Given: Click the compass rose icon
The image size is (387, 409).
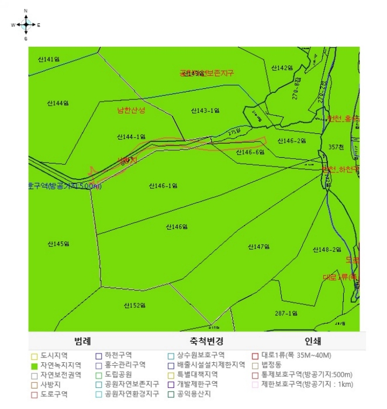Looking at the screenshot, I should coord(26,25).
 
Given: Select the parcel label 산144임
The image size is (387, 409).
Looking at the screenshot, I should coord(57,103).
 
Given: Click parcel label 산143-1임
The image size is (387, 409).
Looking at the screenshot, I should coord(205,110).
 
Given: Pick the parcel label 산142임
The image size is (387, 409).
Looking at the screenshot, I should coord(281,68).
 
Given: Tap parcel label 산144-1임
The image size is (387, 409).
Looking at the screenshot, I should coord(131,137).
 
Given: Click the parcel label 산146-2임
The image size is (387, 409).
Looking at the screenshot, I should coord(292,141).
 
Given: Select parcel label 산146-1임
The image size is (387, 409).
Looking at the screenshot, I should coord(163,186).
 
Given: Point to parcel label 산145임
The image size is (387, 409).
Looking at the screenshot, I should coord(58,244).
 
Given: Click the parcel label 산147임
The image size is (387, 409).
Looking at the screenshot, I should coord(258,247).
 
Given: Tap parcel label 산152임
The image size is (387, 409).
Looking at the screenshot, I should coord(134,305).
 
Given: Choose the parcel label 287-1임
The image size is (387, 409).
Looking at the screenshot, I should coord(286,313).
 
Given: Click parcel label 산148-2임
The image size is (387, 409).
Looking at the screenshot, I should coord(327,249).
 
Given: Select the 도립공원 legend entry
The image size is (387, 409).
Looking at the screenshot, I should coord(120,375).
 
